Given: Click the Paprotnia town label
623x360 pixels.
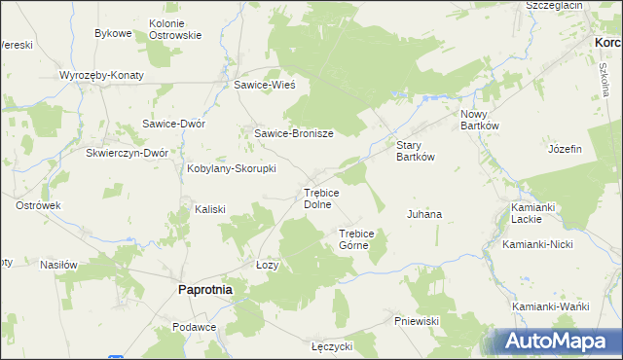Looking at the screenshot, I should (x=204, y=290).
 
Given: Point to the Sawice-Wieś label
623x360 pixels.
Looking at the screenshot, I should (x=265, y=85).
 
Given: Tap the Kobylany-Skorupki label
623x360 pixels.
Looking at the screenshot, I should (x=232, y=168).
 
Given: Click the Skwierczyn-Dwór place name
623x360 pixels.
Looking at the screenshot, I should (x=128, y=153).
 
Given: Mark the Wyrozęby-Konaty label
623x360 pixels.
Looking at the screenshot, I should (x=102, y=75).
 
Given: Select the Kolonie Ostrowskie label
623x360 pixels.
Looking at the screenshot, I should (x=175, y=28).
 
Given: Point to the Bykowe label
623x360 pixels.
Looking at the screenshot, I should (x=113, y=33).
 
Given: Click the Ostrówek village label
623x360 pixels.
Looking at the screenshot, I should (x=39, y=205).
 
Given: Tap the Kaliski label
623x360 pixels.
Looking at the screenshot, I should (x=210, y=209).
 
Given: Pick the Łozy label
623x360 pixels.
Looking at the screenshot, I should (x=267, y=266).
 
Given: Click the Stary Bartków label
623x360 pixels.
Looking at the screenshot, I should (x=415, y=151).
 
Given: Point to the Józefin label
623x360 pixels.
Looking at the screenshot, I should (x=565, y=149).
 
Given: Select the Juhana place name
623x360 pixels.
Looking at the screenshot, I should (x=424, y=213).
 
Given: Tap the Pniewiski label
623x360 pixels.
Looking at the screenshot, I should (x=420, y=320).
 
